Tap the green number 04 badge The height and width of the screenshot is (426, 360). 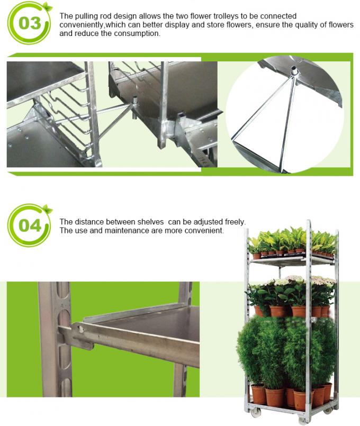click(29, 225)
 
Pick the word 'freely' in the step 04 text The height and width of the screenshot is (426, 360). click(234, 222)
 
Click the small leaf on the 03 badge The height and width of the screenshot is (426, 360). click(48, 7)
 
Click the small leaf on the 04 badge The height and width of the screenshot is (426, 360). click(48, 209)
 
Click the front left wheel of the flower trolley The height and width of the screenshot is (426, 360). click(261, 412)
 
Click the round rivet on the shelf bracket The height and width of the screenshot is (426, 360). click(82, 329)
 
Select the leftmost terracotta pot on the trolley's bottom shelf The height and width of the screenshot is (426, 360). click(258, 394)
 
